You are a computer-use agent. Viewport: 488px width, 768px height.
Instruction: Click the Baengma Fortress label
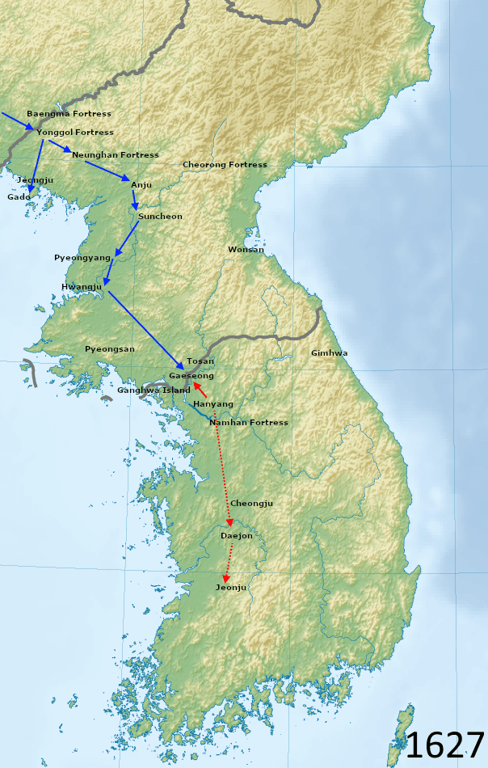pyautogui.click(x=69, y=114)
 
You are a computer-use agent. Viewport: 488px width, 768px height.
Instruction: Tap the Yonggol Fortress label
pyautogui.click(x=74, y=133)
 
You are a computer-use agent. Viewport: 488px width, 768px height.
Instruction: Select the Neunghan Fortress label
pyautogui.click(x=115, y=155)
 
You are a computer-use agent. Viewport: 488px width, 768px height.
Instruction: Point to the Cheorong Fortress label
pyautogui.click(x=225, y=165)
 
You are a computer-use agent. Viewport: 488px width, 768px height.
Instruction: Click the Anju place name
pyautogui.click(x=141, y=185)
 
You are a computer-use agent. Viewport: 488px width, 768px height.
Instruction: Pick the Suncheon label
pyautogui.click(x=160, y=217)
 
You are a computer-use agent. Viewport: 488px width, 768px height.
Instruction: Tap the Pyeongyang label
pyautogui.click(x=82, y=257)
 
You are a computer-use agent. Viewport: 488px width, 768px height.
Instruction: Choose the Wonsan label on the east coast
pyautogui.click(x=246, y=250)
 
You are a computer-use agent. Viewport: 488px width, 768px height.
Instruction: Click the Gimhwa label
pyautogui.click(x=330, y=353)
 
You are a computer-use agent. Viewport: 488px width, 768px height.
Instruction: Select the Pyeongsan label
pyautogui.click(x=110, y=349)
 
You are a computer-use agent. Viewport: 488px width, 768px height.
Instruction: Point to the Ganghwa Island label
pyautogui.click(x=154, y=390)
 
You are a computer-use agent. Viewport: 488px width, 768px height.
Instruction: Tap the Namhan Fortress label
pyautogui.click(x=248, y=423)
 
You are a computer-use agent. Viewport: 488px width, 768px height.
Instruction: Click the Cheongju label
pyautogui.click(x=252, y=504)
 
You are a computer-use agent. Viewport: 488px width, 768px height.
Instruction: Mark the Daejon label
pyautogui.click(x=237, y=536)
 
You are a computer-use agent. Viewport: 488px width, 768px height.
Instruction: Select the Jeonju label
pyautogui.click(x=231, y=588)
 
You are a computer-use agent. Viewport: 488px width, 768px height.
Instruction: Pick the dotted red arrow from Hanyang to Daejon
pyautogui.click(x=222, y=469)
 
